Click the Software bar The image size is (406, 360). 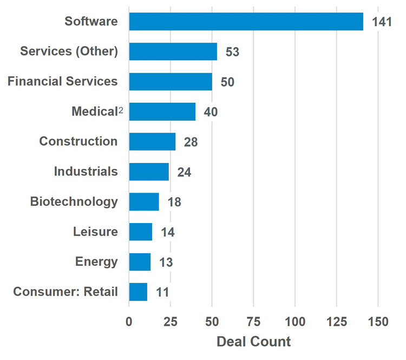point(246,22)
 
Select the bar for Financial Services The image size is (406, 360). point(171,82)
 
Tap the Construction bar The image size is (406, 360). point(152,142)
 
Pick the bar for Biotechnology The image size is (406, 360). point(144,202)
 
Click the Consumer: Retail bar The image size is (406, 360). point(138,292)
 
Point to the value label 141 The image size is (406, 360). point(382,22)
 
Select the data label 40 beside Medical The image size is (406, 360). point(210,113)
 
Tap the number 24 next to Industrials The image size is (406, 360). point(184,172)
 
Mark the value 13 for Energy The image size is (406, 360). point(165,262)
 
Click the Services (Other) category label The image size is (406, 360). point(69,51)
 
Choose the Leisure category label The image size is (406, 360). point(95,232)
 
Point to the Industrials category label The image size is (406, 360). point(86,172)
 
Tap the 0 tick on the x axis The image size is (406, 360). point(129,322)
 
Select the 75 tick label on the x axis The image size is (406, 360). point(253,322)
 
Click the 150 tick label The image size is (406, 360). point(378,322)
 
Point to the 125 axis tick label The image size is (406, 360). point(336,322)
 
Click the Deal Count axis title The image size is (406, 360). point(253,342)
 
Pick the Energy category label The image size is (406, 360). point(96,262)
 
